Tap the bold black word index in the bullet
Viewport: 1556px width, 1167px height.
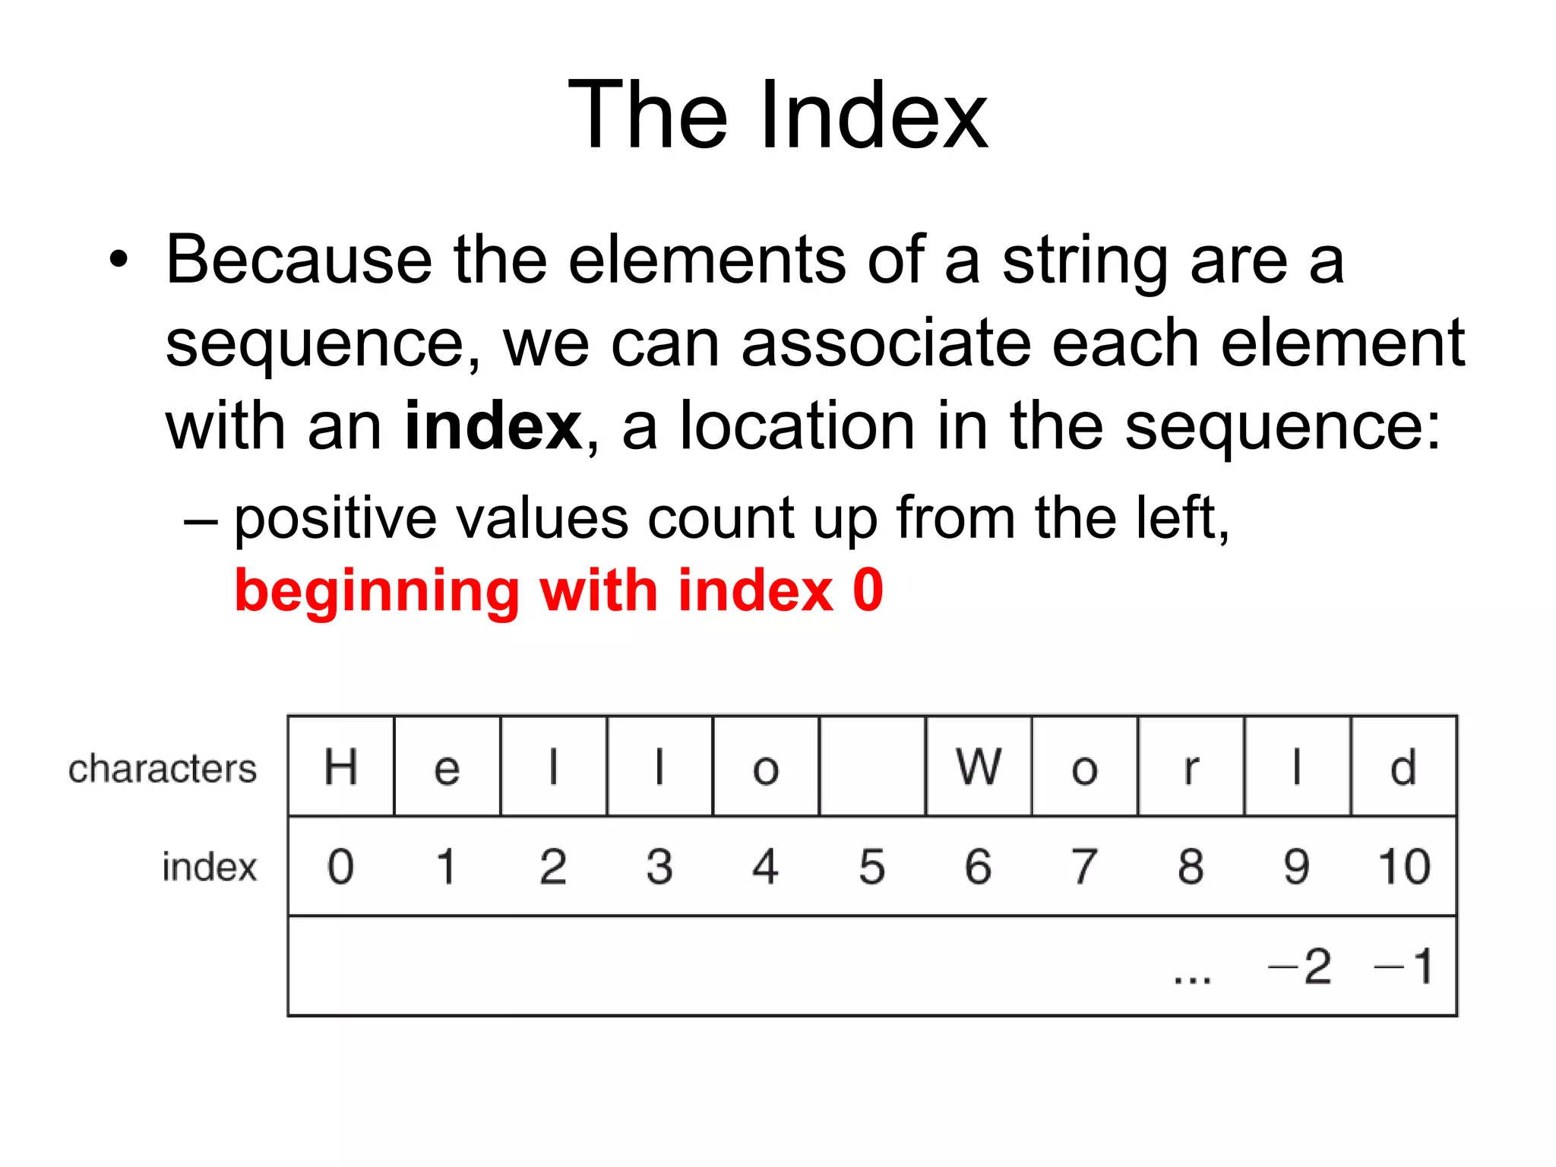click(x=493, y=425)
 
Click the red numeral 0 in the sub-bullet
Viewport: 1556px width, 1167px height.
click(x=867, y=590)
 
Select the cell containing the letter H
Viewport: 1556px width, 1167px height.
click(x=341, y=767)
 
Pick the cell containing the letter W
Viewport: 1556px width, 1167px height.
click(x=979, y=767)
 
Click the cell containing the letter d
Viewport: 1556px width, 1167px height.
click(x=1403, y=767)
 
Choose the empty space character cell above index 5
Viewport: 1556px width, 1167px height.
click(x=872, y=767)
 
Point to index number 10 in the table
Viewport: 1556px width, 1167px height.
click(x=1404, y=866)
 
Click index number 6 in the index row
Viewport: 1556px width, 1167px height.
click(x=978, y=866)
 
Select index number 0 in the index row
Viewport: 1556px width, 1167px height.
click(x=340, y=866)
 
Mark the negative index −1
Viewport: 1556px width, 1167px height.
click(x=1404, y=966)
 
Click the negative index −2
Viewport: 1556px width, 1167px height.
click(x=1300, y=966)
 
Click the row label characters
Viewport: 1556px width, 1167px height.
click(x=163, y=769)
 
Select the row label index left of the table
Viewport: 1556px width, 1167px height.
click(x=209, y=867)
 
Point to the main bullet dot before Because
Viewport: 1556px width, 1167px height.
click(x=119, y=261)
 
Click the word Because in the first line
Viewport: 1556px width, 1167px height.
click(x=299, y=261)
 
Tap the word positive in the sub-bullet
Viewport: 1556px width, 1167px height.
click(x=335, y=520)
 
